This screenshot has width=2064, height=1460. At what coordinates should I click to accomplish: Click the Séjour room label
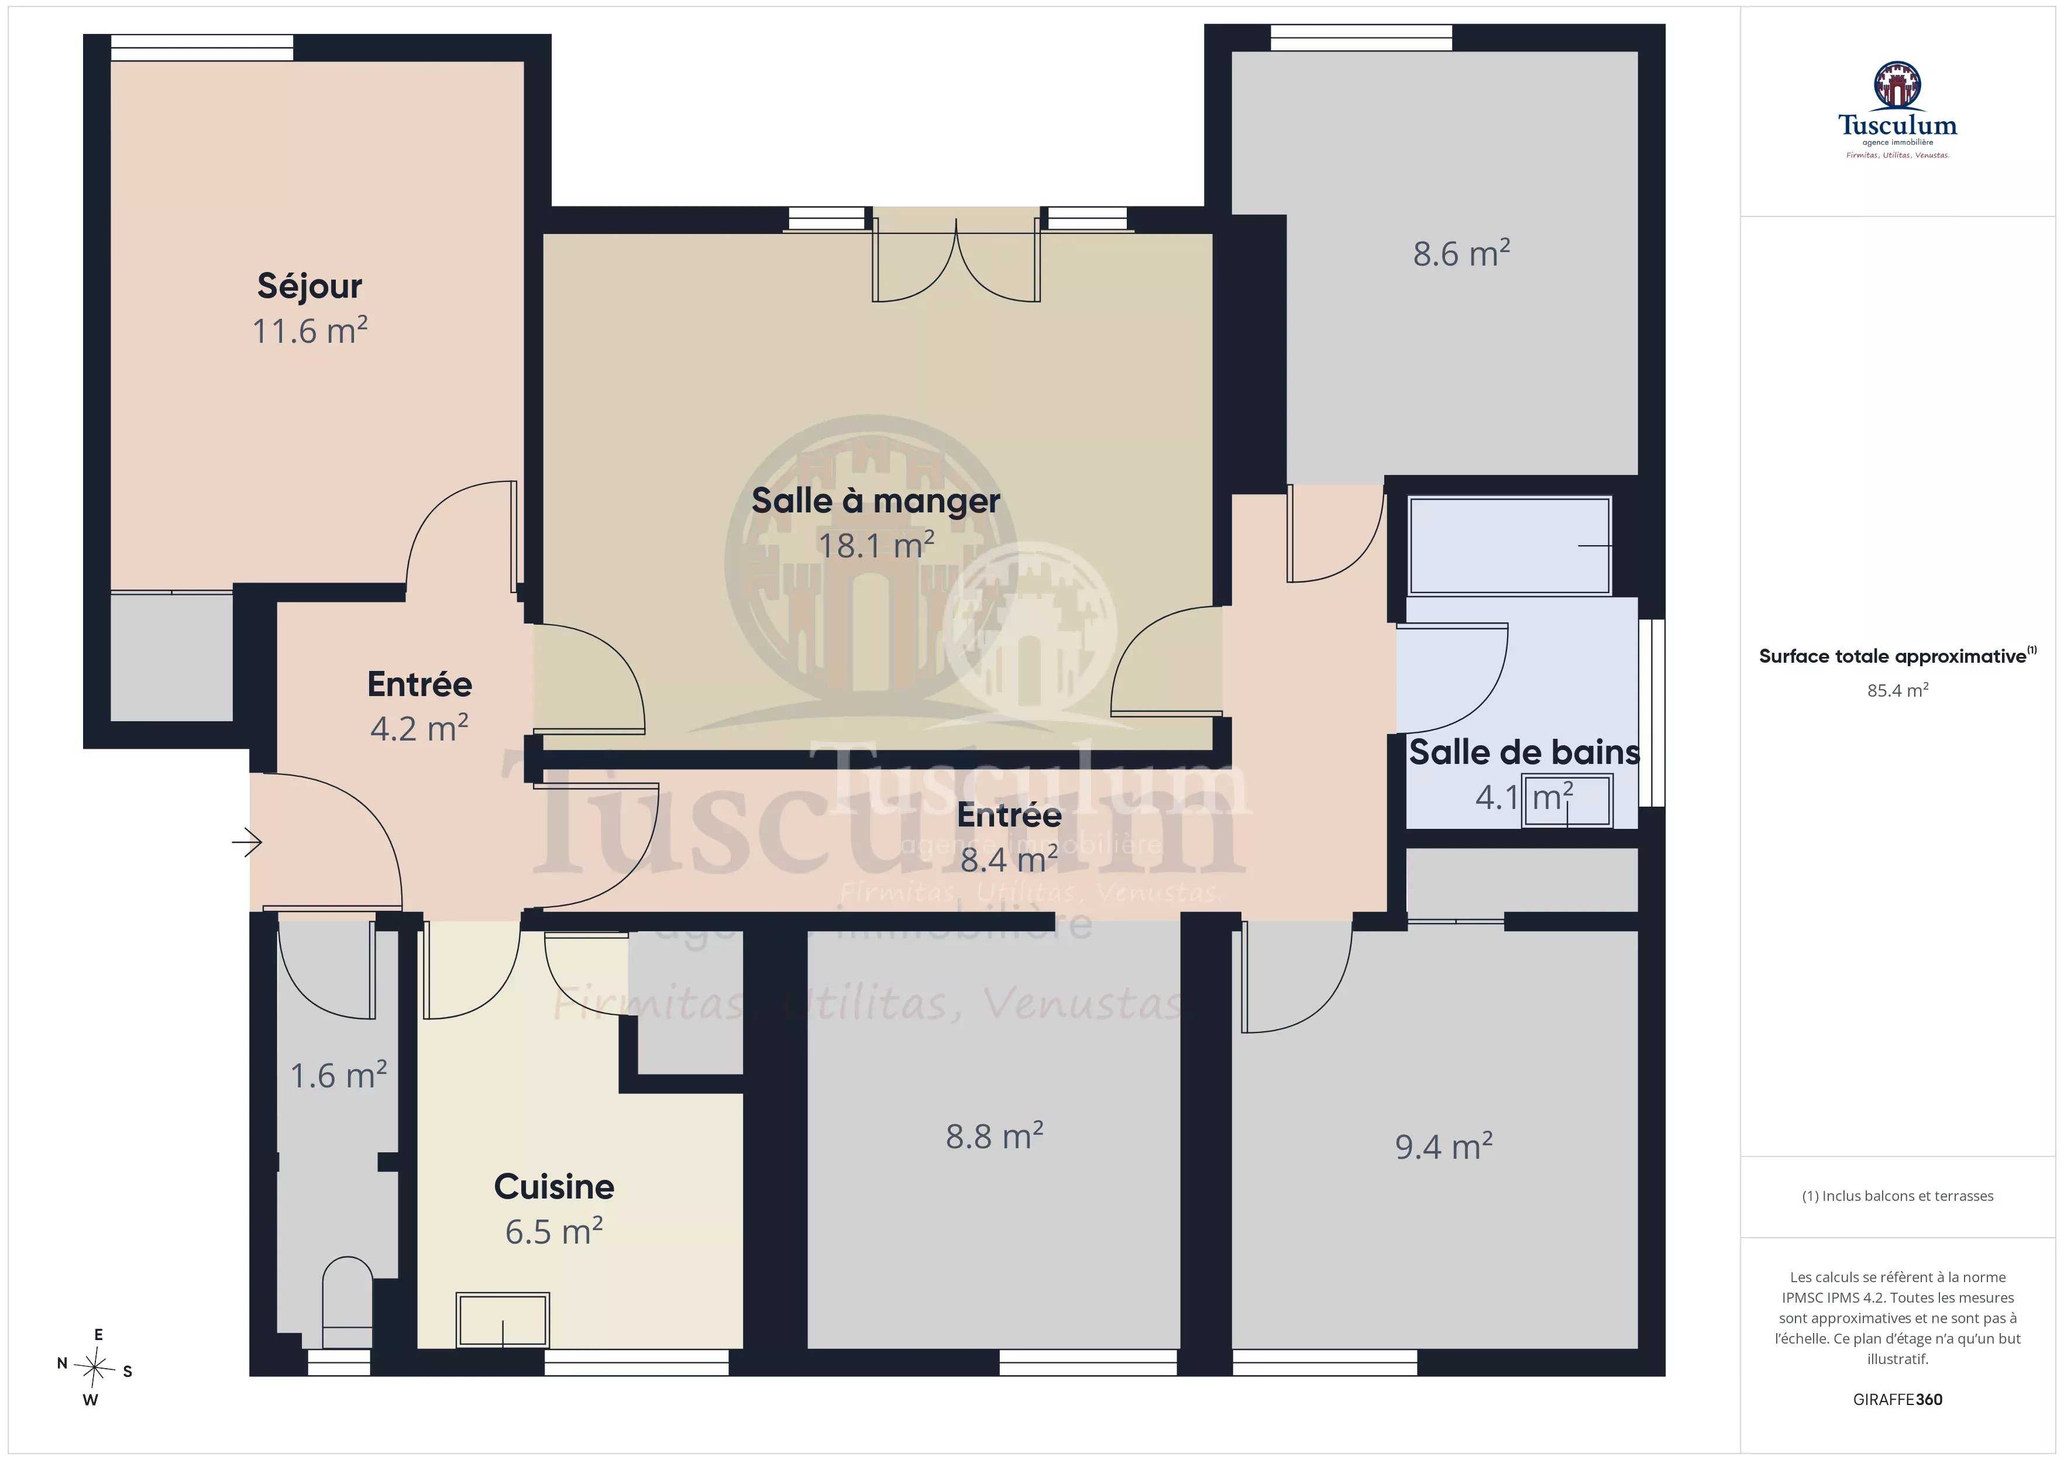(309, 286)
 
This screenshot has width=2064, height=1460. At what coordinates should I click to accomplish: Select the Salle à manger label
(876, 501)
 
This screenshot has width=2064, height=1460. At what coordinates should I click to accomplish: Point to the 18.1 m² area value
(876, 545)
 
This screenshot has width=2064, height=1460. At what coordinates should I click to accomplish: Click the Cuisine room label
(554, 1187)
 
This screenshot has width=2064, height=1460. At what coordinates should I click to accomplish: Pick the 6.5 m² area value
(554, 1231)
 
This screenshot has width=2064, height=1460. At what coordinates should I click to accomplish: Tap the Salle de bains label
(1524, 752)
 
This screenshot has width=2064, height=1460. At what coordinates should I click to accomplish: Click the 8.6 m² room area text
(1461, 253)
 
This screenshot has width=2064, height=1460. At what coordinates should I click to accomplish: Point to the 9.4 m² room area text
(1444, 1146)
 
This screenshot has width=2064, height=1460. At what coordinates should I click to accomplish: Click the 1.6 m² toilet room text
(338, 1075)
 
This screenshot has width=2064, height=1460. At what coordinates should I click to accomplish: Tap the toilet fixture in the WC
(347, 1301)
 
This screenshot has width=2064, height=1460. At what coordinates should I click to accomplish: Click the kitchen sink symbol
(503, 1320)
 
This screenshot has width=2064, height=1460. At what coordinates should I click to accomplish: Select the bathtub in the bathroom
(1509, 546)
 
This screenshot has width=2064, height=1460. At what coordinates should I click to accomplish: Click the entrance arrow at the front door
(246, 842)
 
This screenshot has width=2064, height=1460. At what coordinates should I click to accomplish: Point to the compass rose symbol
(94, 1368)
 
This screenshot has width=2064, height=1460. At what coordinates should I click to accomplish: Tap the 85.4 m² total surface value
(1898, 690)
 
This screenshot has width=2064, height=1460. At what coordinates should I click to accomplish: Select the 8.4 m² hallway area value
(1009, 859)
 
